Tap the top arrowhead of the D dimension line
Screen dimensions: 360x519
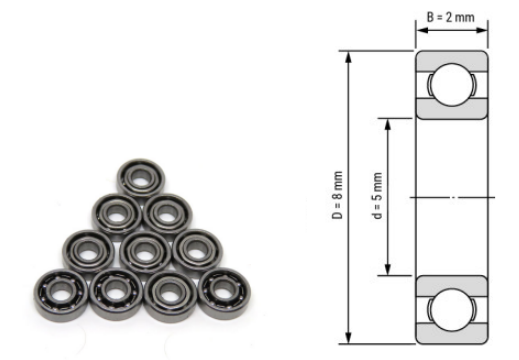click(348, 53)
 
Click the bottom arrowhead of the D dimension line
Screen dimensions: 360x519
click(348, 339)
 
